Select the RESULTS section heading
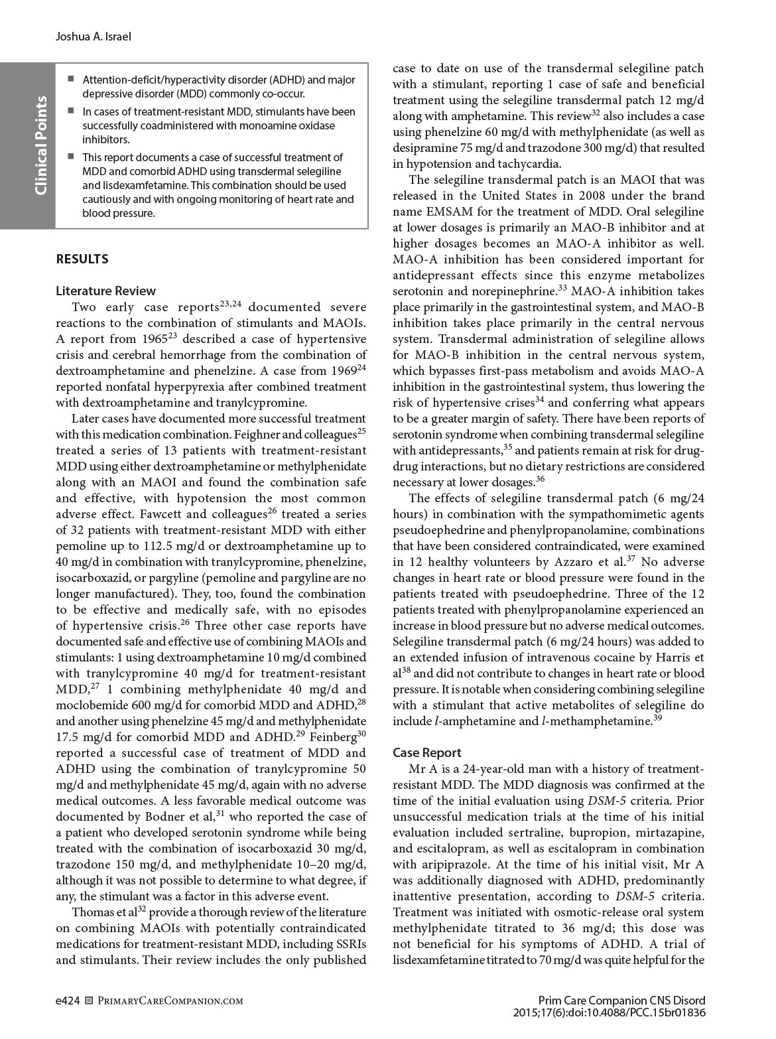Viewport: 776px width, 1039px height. coord(82,259)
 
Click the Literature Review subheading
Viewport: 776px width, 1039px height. coord(106,291)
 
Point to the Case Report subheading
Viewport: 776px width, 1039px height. coord(426,752)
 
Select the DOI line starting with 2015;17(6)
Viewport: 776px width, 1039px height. coord(609,1013)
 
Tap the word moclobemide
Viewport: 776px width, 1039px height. coord(90,705)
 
